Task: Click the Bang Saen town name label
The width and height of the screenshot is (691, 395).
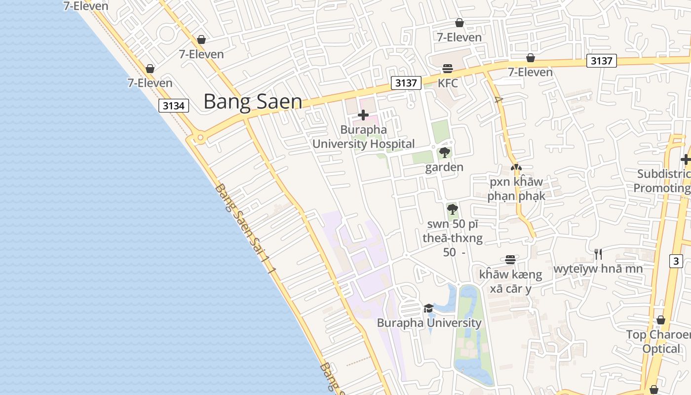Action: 253,102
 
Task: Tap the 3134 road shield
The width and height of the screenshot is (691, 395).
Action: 174,106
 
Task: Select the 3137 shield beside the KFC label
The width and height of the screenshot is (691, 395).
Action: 406,83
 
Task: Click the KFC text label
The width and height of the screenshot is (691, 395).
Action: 448,83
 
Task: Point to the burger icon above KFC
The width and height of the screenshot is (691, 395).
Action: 448,68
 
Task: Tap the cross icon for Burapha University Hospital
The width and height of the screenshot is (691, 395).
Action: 363,116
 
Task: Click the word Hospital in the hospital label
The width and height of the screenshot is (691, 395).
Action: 390,144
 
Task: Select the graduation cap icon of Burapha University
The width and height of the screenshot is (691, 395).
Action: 428,308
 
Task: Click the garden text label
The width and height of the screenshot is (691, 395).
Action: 444,167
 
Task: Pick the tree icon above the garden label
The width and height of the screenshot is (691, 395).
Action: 444,152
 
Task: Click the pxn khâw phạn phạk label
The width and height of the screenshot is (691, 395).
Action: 516,189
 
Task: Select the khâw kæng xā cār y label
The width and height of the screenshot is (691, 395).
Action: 510,281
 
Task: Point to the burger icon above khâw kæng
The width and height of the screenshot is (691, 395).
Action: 510,260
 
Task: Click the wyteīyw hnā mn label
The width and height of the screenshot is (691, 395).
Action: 598,269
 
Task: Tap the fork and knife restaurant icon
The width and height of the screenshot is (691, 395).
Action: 598,254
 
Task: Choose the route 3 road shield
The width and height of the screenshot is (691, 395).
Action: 676,261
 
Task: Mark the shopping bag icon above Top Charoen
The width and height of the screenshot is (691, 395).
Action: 660,320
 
